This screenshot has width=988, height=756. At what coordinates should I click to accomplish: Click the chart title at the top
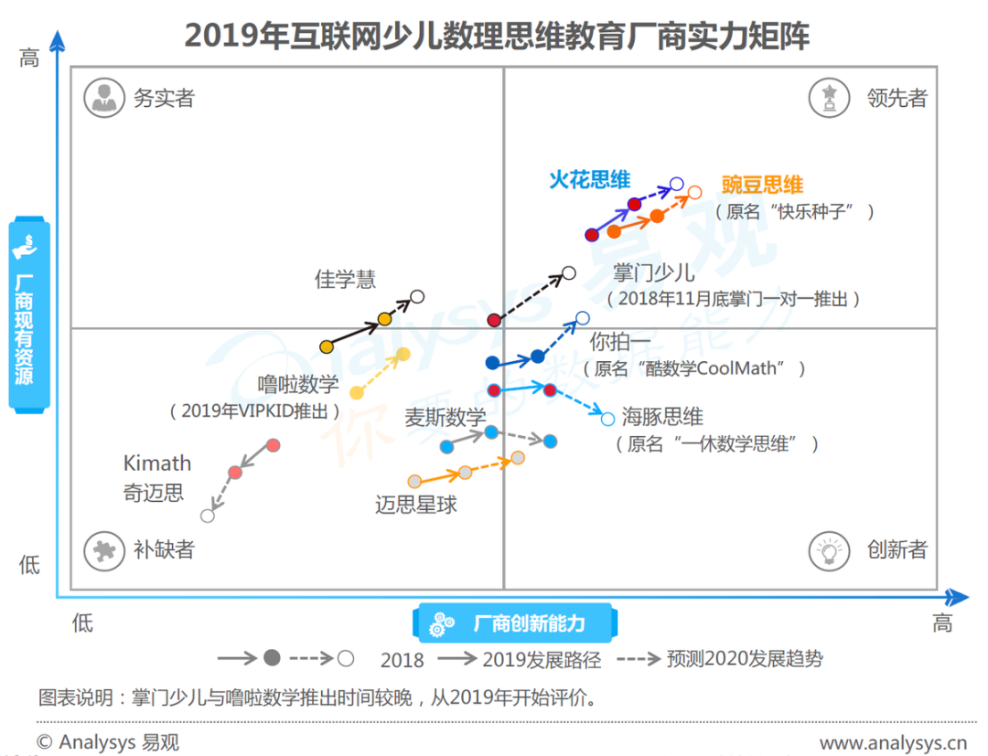(x=497, y=36)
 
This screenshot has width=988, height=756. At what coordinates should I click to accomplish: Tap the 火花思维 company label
(x=589, y=180)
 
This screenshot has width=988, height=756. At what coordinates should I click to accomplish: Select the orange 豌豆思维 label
(x=761, y=186)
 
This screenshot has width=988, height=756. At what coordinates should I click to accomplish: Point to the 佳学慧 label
(x=345, y=279)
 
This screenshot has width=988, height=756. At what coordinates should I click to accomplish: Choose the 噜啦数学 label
(x=298, y=384)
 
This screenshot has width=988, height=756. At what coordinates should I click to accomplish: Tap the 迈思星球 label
(x=416, y=504)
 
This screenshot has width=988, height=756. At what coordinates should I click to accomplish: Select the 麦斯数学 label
(x=446, y=418)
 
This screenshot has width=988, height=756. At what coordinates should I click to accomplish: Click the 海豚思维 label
(x=662, y=418)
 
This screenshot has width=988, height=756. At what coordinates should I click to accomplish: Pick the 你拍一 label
(x=619, y=342)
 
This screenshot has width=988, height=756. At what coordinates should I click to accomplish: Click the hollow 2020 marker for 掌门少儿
(x=568, y=272)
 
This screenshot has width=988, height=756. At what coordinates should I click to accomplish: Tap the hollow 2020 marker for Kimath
(x=208, y=516)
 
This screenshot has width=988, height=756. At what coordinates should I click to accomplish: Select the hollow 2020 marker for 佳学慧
(x=417, y=296)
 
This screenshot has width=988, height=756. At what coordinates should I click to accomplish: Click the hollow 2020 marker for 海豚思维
(x=607, y=420)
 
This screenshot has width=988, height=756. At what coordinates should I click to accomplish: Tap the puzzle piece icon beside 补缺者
(x=104, y=549)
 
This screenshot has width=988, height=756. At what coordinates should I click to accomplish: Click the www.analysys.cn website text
(x=893, y=741)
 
